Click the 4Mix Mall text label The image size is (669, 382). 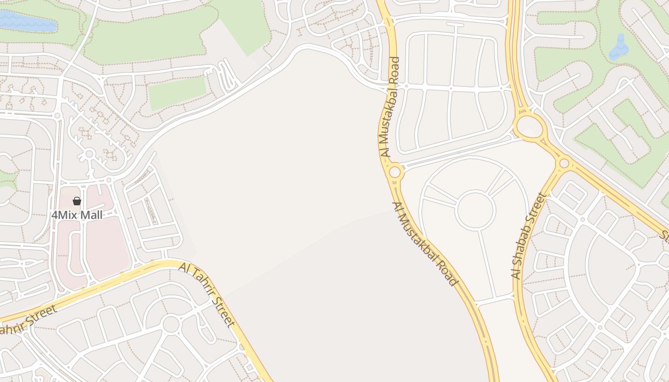(77, 215)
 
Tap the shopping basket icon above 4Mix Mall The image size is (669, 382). (77, 201)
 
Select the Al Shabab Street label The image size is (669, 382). (529, 236)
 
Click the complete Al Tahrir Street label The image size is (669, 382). (207, 294)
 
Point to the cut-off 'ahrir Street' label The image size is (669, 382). (28, 320)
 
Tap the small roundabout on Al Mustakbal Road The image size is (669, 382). (395, 172)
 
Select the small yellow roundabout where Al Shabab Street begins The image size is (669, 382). (564, 163)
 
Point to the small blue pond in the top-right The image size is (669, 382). (620, 47)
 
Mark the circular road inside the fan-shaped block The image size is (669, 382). (475, 210)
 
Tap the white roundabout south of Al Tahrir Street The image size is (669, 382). (171, 324)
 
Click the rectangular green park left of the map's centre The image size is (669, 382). (177, 92)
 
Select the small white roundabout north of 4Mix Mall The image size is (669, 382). (89, 154)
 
